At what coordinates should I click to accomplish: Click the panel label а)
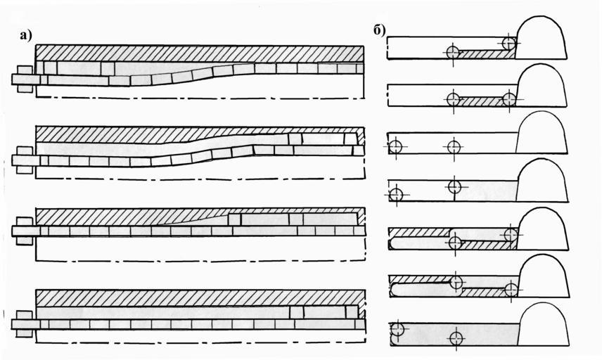coord(28,37)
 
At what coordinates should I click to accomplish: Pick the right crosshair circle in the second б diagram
coord(510,99)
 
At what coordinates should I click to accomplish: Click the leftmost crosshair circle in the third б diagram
coord(395,147)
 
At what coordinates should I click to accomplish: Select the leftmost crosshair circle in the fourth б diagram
coord(396,194)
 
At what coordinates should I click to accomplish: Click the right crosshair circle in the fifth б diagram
coord(511,234)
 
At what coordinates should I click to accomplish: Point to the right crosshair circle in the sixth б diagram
coord(511,288)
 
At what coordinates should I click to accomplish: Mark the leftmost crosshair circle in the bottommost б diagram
coord(397,328)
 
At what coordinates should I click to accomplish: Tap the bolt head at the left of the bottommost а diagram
coord(23,324)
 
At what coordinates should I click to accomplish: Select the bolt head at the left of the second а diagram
coord(23,160)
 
